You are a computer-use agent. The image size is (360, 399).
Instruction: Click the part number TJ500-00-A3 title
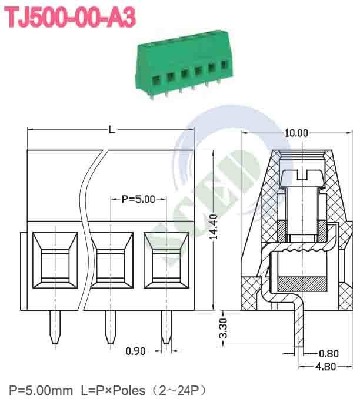71,18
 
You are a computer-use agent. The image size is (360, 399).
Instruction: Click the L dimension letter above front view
112,129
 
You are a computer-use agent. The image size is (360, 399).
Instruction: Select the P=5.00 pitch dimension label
138,199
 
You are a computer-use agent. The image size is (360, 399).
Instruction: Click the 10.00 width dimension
295,133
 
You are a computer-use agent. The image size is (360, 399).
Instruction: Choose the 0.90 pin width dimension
136,351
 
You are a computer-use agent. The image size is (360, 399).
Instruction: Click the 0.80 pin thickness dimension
328,354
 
